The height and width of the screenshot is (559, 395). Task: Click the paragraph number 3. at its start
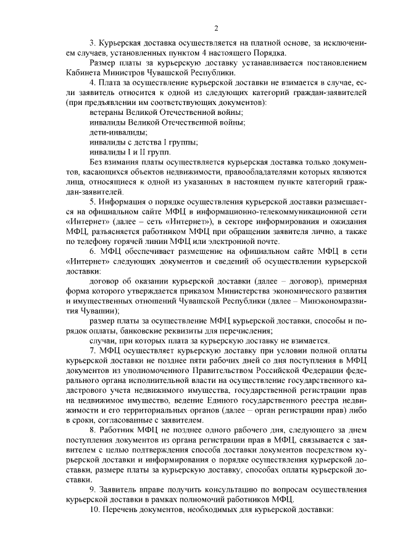pos(93,43)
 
